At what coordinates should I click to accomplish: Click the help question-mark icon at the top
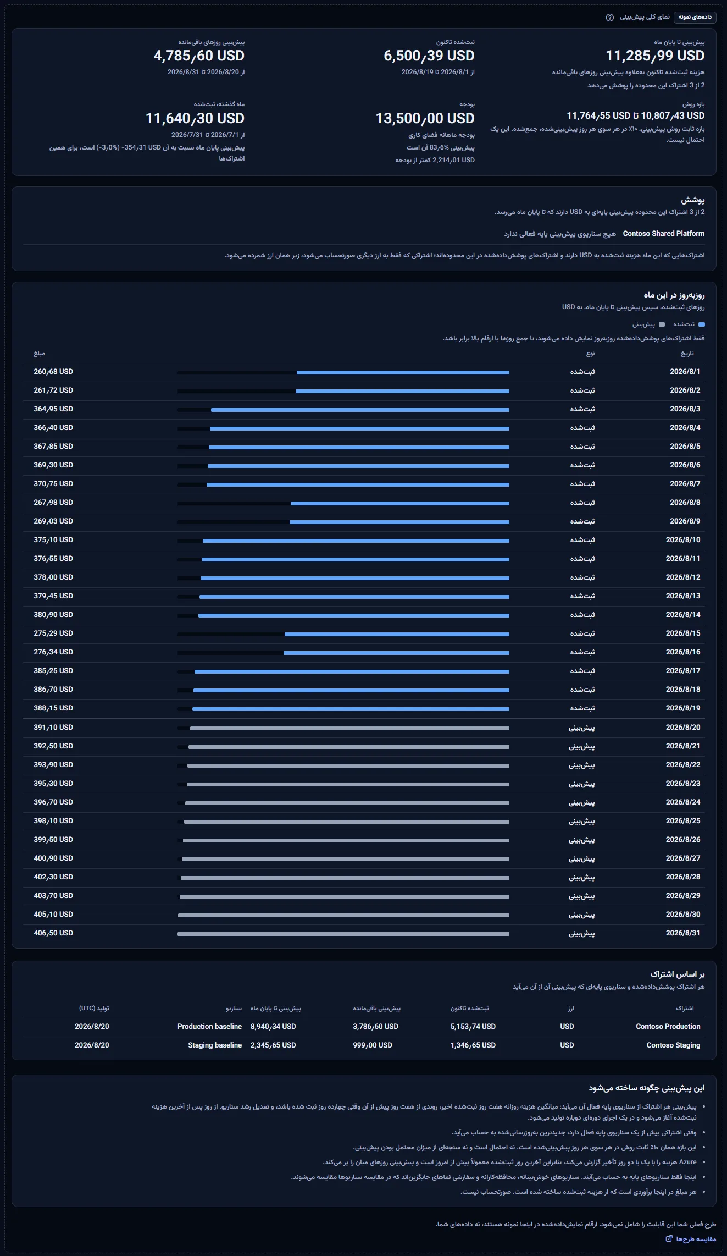coord(609,18)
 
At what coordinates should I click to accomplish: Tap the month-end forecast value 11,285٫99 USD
coord(655,56)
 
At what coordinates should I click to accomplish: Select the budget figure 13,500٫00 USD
coord(425,118)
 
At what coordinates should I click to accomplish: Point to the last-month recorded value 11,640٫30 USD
coord(195,118)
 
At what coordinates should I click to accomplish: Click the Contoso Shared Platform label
coord(664,234)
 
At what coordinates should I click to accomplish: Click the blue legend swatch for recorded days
coord(702,324)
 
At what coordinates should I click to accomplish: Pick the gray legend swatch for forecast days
coord(662,324)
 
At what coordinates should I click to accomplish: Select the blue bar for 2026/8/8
coord(400,503)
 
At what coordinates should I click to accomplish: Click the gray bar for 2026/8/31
coord(343,934)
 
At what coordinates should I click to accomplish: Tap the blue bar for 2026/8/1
coord(403,372)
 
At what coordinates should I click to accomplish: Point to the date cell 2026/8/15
coord(683,633)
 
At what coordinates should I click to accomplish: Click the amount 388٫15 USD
coord(53,708)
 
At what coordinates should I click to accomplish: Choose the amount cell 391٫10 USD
coord(53,728)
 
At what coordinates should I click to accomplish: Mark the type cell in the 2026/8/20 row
coord(581,728)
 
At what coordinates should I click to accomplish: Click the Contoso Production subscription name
coord(668,1027)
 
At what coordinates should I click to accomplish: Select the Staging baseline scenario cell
coord(215,1045)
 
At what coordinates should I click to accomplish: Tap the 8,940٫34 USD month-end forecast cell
coord(273,1027)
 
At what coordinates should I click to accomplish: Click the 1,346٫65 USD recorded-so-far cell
coord(473,1045)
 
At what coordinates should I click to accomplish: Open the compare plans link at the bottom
coord(691,1239)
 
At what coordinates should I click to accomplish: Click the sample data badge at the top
coord(695,17)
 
